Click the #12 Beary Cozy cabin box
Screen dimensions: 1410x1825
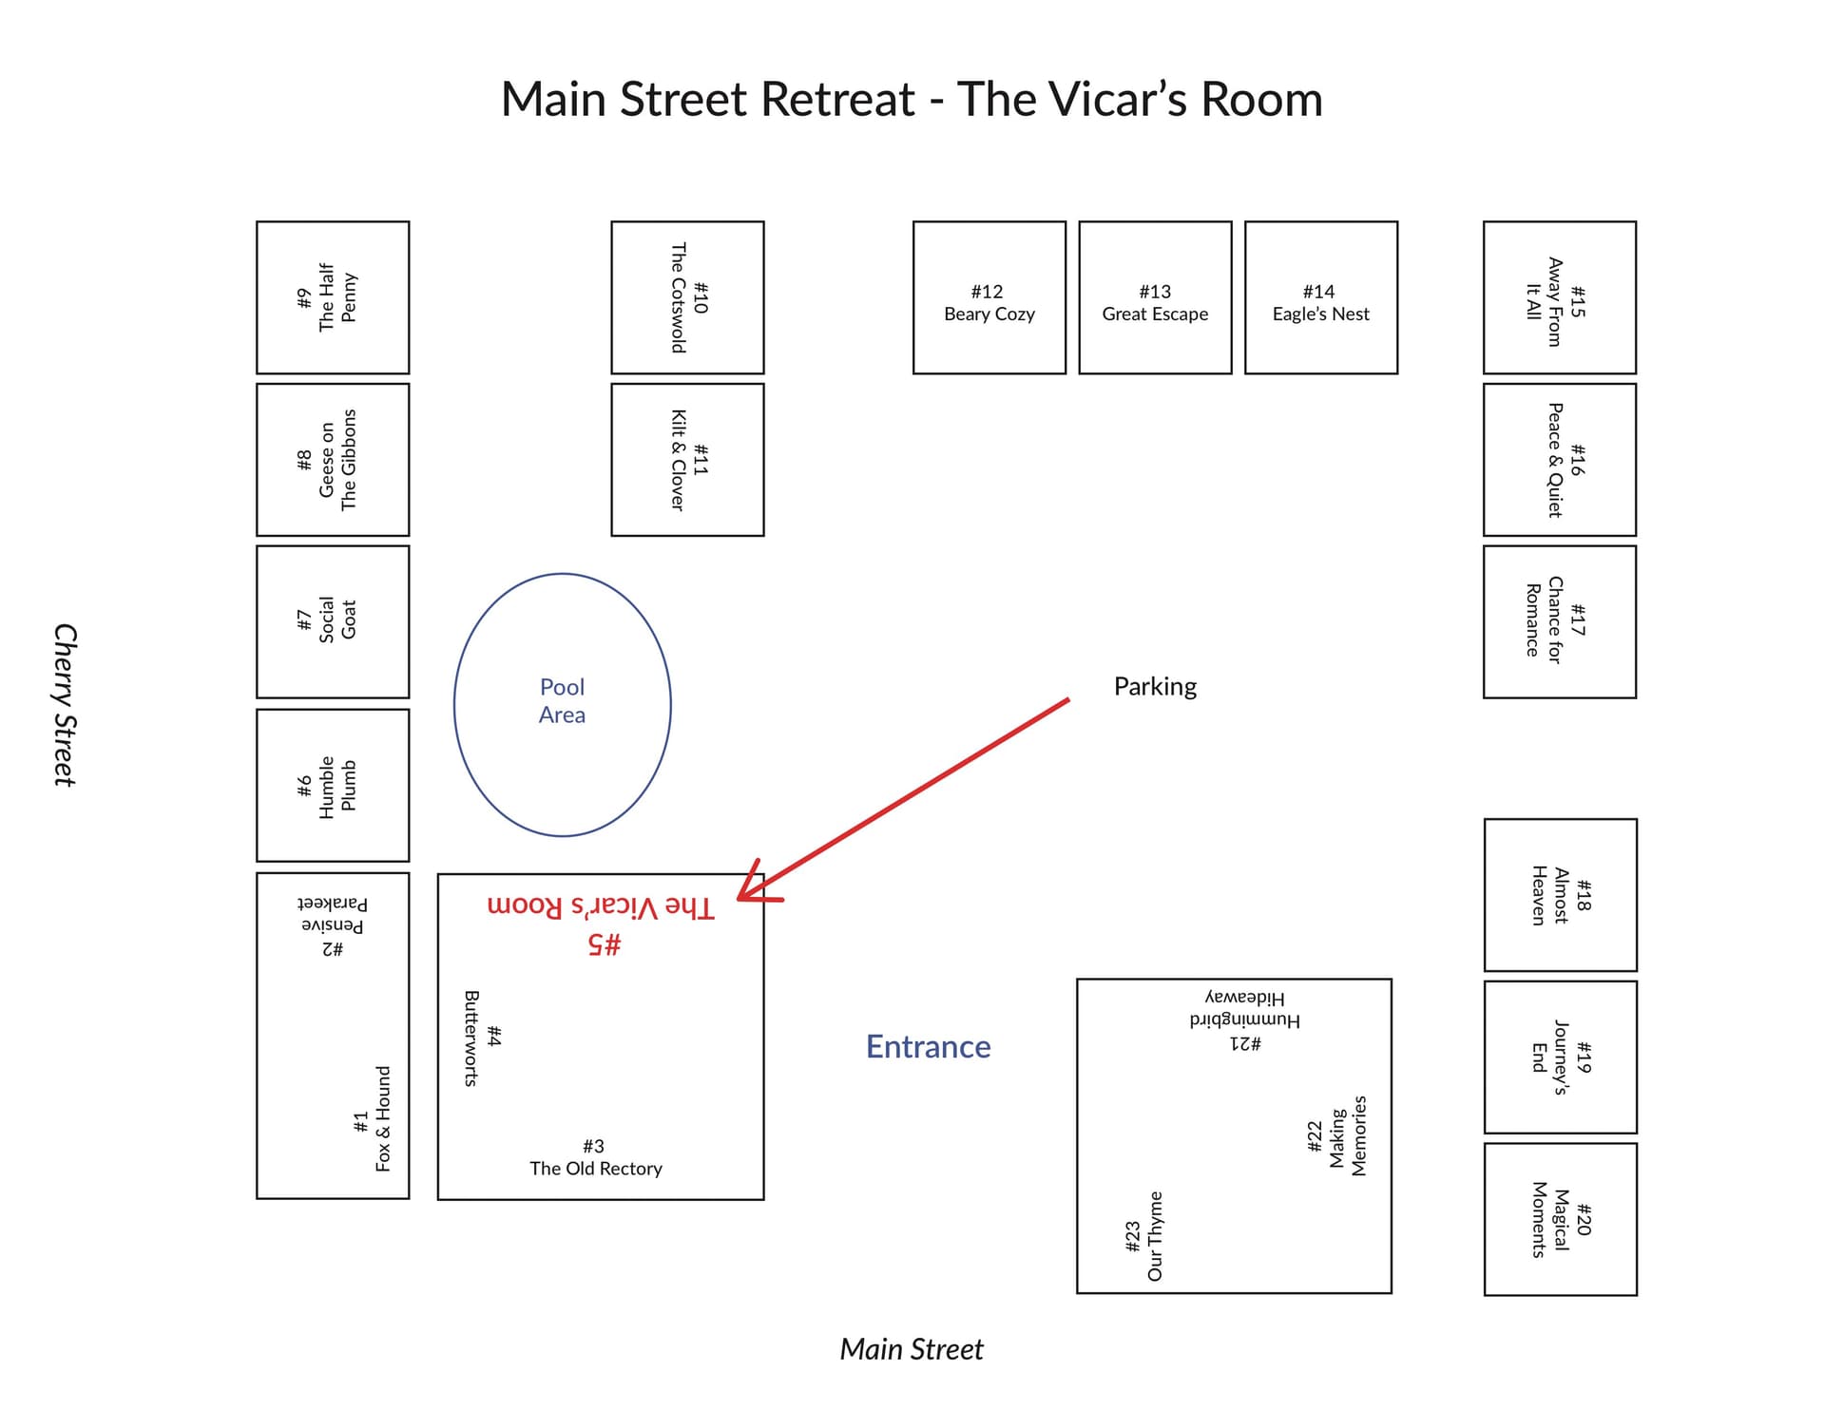989,297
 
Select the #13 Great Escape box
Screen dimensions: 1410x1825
1155,297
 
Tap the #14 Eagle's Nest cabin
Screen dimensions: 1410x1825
1320,297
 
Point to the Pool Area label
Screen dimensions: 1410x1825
562,700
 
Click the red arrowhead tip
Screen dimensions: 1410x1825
740,896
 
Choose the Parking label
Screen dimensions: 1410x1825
1155,686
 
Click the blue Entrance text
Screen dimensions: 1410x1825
928,1046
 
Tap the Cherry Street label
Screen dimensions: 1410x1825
64,704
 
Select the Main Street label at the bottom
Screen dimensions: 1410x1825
911,1348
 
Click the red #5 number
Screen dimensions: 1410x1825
605,943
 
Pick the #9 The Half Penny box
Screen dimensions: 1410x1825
333,297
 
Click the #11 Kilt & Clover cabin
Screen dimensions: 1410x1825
687,460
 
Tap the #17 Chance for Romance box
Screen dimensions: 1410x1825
1559,621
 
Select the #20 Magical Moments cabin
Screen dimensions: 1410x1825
1560,1219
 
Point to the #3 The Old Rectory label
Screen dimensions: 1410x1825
595,1157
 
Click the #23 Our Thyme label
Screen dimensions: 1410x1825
1144,1236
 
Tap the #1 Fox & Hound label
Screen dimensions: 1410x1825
373,1118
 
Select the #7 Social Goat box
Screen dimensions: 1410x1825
333,621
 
